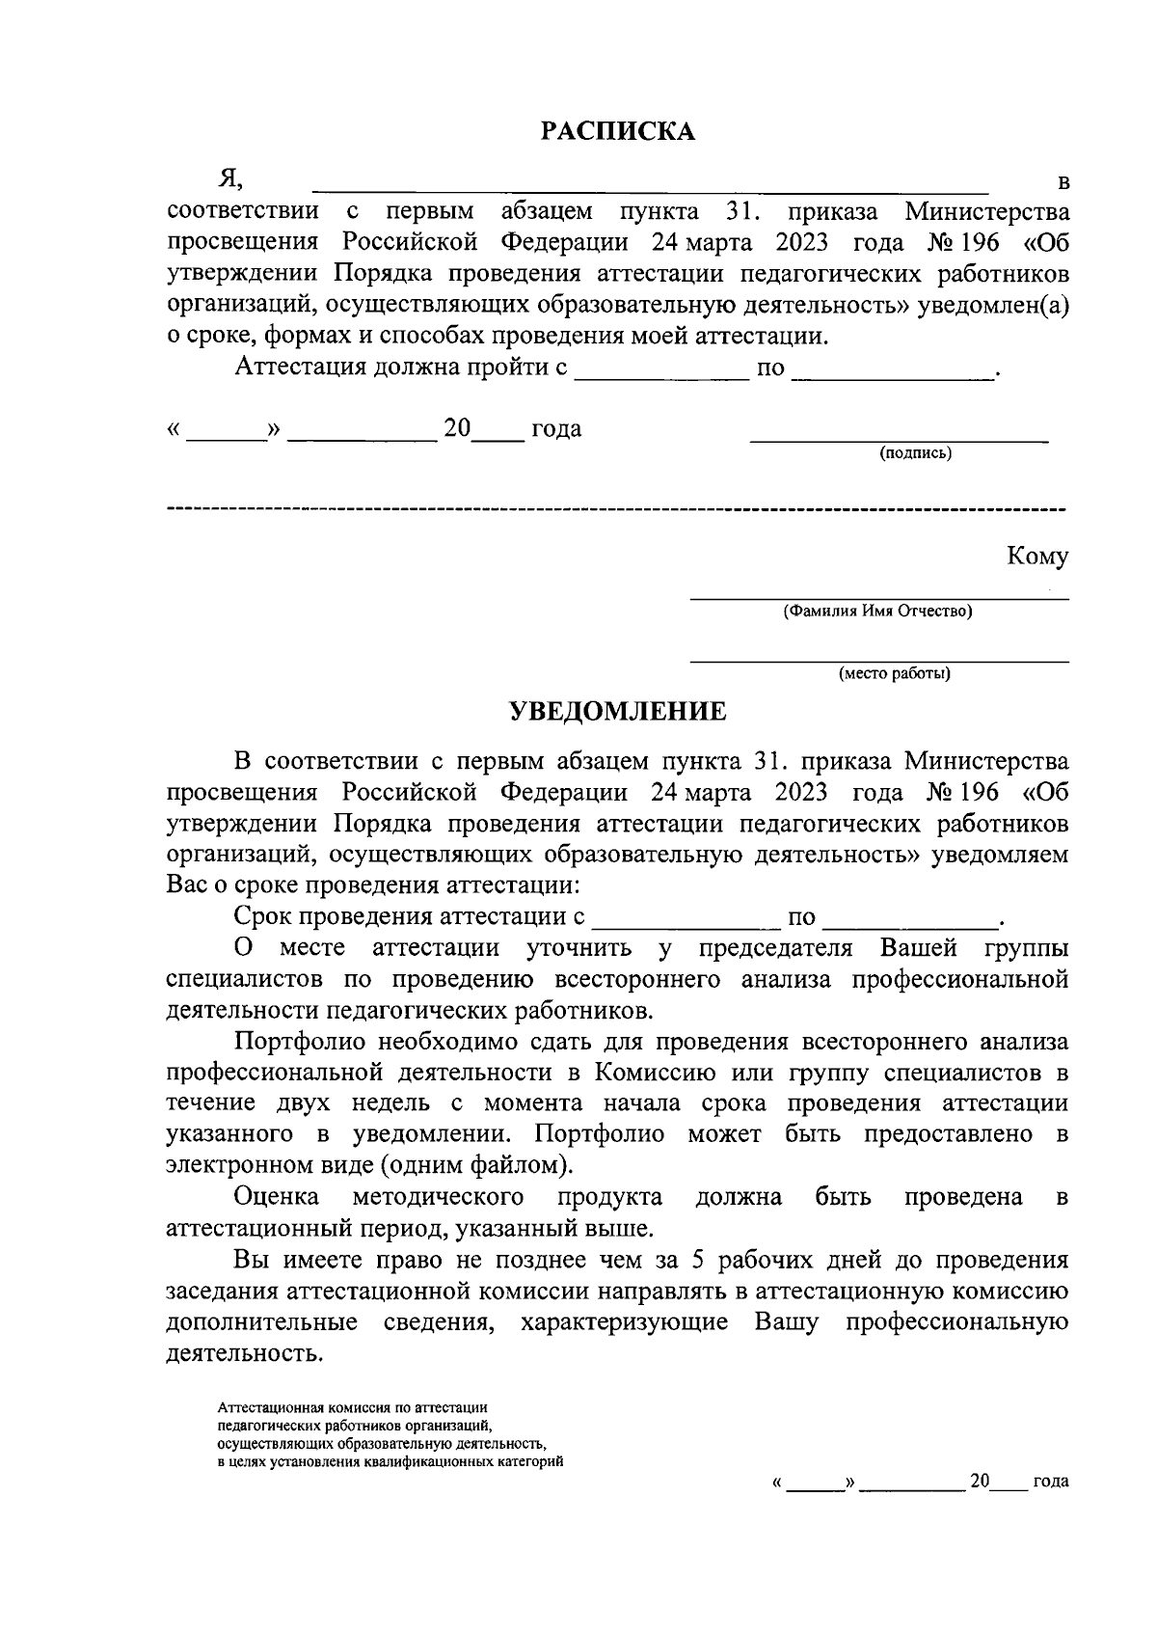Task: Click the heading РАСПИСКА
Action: tap(617, 131)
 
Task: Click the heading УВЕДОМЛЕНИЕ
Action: tap(617, 712)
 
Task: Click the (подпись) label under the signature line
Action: tap(915, 453)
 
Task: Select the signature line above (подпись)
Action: tap(899, 441)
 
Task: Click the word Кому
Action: tap(1037, 557)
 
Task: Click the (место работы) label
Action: tap(894, 674)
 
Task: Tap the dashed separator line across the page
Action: tap(617, 507)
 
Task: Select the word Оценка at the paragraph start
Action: tap(278, 1197)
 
